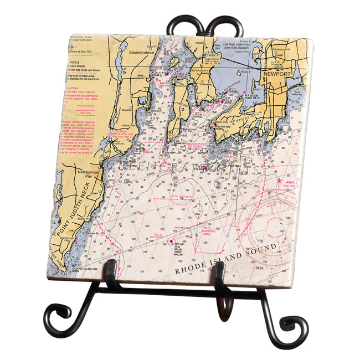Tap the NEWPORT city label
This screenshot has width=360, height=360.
click(277, 73)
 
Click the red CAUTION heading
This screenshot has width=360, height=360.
click(74, 88)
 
